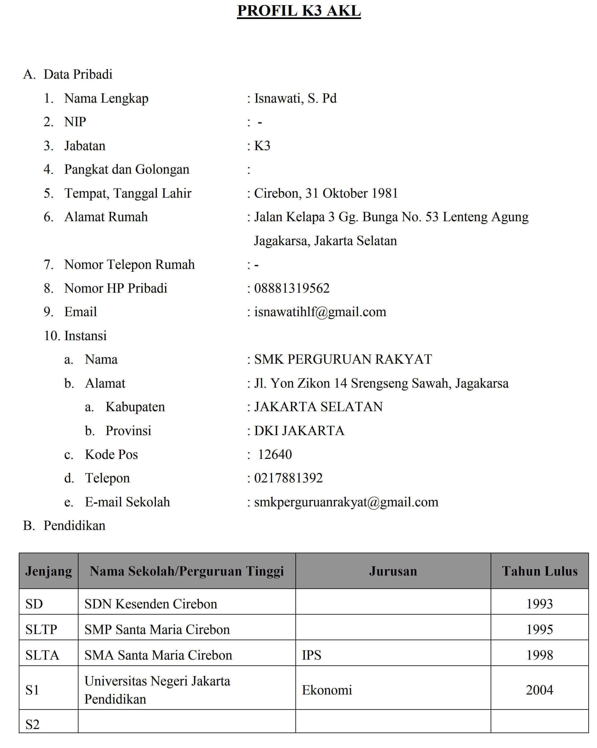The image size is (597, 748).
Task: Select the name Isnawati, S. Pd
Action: click(295, 99)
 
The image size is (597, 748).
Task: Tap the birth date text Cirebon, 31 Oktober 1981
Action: click(326, 193)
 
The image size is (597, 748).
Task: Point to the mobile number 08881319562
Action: click(291, 288)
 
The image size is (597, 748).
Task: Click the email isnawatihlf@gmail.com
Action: click(320, 312)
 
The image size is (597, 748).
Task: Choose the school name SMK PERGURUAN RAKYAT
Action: click(343, 359)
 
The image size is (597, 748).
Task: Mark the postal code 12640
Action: click(275, 455)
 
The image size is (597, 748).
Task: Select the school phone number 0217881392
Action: click(288, 478)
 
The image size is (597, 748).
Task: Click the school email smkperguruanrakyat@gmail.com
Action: click(346, 502)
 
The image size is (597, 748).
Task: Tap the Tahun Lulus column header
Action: click(539, 571)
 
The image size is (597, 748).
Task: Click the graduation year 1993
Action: click(539, 604)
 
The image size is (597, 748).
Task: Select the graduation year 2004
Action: click(539, 690)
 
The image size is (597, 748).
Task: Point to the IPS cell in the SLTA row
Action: click(311, 655)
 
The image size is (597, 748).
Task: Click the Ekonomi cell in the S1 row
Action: click(327, 690)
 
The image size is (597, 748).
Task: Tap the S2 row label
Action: click(32, 724)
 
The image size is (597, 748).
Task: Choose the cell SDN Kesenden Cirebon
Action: click(151, 604)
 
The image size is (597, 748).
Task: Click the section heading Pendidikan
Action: click(74, 526)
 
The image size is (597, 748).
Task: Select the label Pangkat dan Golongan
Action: click(127, 170)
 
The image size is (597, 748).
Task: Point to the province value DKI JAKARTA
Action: click(299, 431)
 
